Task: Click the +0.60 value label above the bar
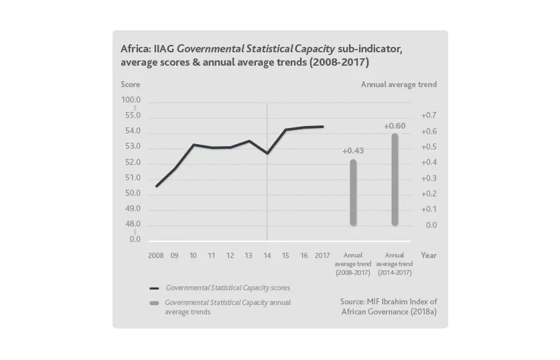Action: tap(395, 126)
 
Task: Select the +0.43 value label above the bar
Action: tap(353, 151)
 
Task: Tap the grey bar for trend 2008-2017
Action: tap(353, 192)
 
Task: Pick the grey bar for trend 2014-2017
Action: tap(395, 180)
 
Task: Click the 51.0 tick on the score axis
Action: tap(133, 178)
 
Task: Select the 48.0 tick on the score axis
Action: tap(133, 224)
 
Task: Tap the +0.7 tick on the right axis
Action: tap(429, 116)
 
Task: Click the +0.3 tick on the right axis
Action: tap(429, 178)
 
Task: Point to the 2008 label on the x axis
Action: tap(155, 255)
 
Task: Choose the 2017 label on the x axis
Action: tap(323, 255)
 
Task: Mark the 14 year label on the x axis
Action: tap(267, 255)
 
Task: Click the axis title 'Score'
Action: tap(130, 84)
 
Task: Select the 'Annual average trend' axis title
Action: tap(399, 84)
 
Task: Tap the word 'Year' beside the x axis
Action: tap(428, 255)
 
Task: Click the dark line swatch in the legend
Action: tap(154, 288)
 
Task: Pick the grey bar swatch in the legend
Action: tap(154, 303)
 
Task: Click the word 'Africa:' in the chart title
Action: tap(135, 49)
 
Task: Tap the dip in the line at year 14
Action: tap(267, 154)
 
